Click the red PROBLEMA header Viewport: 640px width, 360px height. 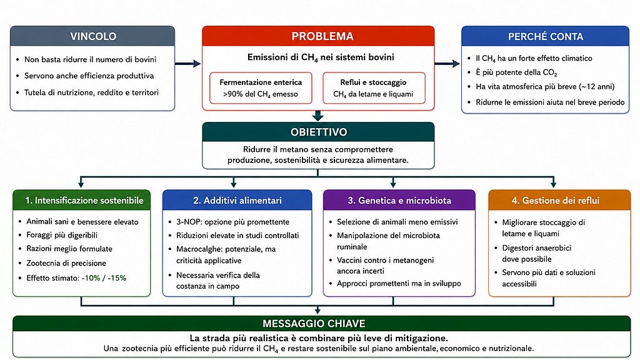click(318, 36)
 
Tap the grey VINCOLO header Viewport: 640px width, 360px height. click(92, 36)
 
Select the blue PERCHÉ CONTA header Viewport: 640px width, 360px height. click(545, 36)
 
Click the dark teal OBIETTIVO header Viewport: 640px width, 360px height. click(318, 132)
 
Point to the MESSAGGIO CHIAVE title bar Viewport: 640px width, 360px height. click(322, 323)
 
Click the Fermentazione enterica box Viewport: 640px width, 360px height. click(261, 87)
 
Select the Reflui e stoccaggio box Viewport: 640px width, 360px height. click(374, 87)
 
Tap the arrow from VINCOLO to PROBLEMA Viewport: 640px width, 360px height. click(187, 63)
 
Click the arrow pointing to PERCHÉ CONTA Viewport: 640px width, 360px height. click(447, 63)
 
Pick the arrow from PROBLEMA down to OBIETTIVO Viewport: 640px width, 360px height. click(318, 116)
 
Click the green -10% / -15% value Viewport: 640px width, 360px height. click(104, 278)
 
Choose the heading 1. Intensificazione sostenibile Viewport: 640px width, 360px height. click(84, 201)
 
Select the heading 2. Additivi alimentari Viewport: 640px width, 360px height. click(237, 201)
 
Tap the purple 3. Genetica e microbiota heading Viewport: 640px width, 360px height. click(399, 201)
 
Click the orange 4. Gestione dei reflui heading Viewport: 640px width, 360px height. click(556, 201)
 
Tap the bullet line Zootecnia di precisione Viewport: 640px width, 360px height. click(66, 263)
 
